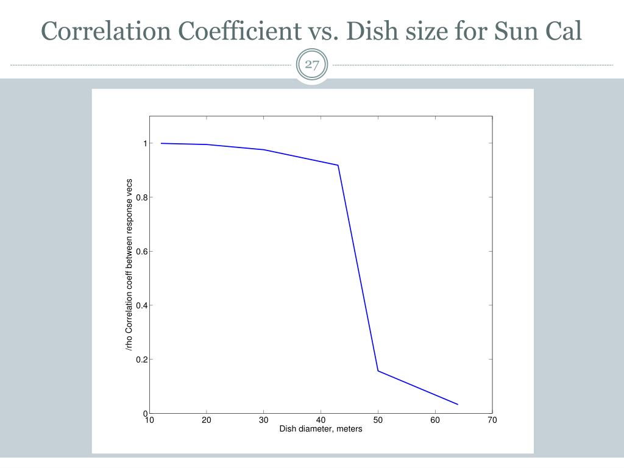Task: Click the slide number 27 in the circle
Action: pyautogui.click(x=312, y=65)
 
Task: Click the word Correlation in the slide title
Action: pyautogui.click(x=106, y=31)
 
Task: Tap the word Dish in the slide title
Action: pyautogui.click(x=372, y=31)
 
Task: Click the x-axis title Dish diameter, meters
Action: pyautogui.click(x=321, y=429)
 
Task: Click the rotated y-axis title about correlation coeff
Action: pyautogui.click(x=129, y=264)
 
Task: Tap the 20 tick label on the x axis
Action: pyautogui.click(x=206, y=420)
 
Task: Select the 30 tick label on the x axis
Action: pyautogui.click(x=263, y=420)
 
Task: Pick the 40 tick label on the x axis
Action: pyautogui.click(x=321, y=420)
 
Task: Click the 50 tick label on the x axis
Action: pyautogui.click(x=378, y=420)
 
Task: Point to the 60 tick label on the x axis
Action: pyautogui.click(x=435, y=420)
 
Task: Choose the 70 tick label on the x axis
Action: pyautogui.click(x=492, y=420)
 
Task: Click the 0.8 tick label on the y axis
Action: pyautogui.click(x=141, y=197)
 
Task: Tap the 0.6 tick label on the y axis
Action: pyautogui.click(x=141, y=252)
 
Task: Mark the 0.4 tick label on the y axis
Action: pyautogui.click(x=141, y=306)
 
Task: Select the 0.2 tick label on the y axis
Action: pyautogui.click(x=141, y=360)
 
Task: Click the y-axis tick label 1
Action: pyautogui.click(x=145, y=143)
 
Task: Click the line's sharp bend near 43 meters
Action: pyautogui.click(x=338, y=165)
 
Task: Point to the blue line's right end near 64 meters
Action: pyautogui.click(x=458, y=405)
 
